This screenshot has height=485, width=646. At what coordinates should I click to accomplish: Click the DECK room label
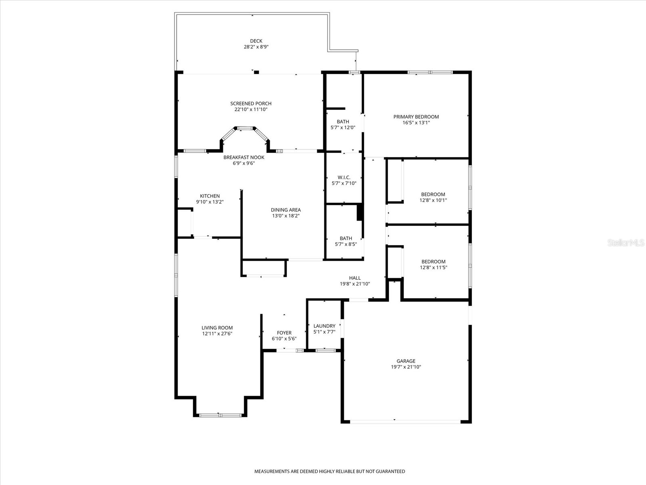point(256,41)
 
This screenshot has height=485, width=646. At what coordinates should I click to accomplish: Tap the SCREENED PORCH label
point(251,103)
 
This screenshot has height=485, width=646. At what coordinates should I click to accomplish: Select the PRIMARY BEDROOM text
point(416,117)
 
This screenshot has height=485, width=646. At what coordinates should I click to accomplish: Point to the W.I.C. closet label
point(344,177)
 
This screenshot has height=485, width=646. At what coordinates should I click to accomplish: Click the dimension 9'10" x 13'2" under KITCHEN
point(210,202)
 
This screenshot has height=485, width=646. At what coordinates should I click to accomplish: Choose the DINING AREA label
point(285,210)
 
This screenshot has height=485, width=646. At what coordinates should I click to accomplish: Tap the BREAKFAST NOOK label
point(244,157)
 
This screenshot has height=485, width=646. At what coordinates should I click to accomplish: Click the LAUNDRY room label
point(324,326)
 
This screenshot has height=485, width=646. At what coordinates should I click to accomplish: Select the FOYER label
point(284,333)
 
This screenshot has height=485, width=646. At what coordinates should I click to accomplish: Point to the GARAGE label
point(406,361)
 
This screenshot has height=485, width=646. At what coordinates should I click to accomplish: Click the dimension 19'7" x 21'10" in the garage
point(406,367)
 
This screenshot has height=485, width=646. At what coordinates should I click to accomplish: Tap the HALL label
point(355,278)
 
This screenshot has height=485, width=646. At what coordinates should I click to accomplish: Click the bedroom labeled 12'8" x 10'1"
point(433,194)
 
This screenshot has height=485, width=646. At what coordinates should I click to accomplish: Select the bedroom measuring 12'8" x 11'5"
point(433,261)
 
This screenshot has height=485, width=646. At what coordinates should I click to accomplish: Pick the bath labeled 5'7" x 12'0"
point(343,122)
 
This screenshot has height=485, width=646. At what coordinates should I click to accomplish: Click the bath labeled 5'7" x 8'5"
point(346,238)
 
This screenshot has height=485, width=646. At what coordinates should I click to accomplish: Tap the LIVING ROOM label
point(217,328)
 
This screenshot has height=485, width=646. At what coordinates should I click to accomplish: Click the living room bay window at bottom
point(220,415)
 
